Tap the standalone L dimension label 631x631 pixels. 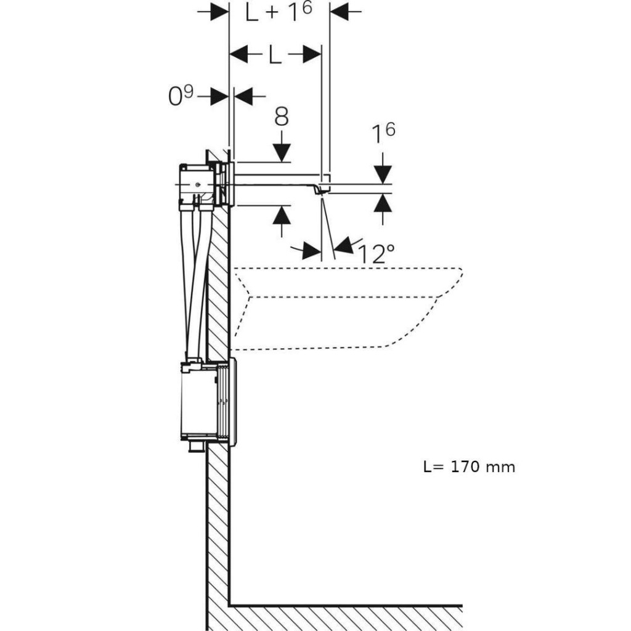[275, 55]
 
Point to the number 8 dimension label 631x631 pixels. [282, 117]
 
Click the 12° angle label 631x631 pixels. [376, 253]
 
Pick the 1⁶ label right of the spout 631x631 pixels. [383, 133]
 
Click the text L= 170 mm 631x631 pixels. [469, 466]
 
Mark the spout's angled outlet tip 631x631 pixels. [321, 191]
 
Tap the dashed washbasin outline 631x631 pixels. [345, 308]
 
